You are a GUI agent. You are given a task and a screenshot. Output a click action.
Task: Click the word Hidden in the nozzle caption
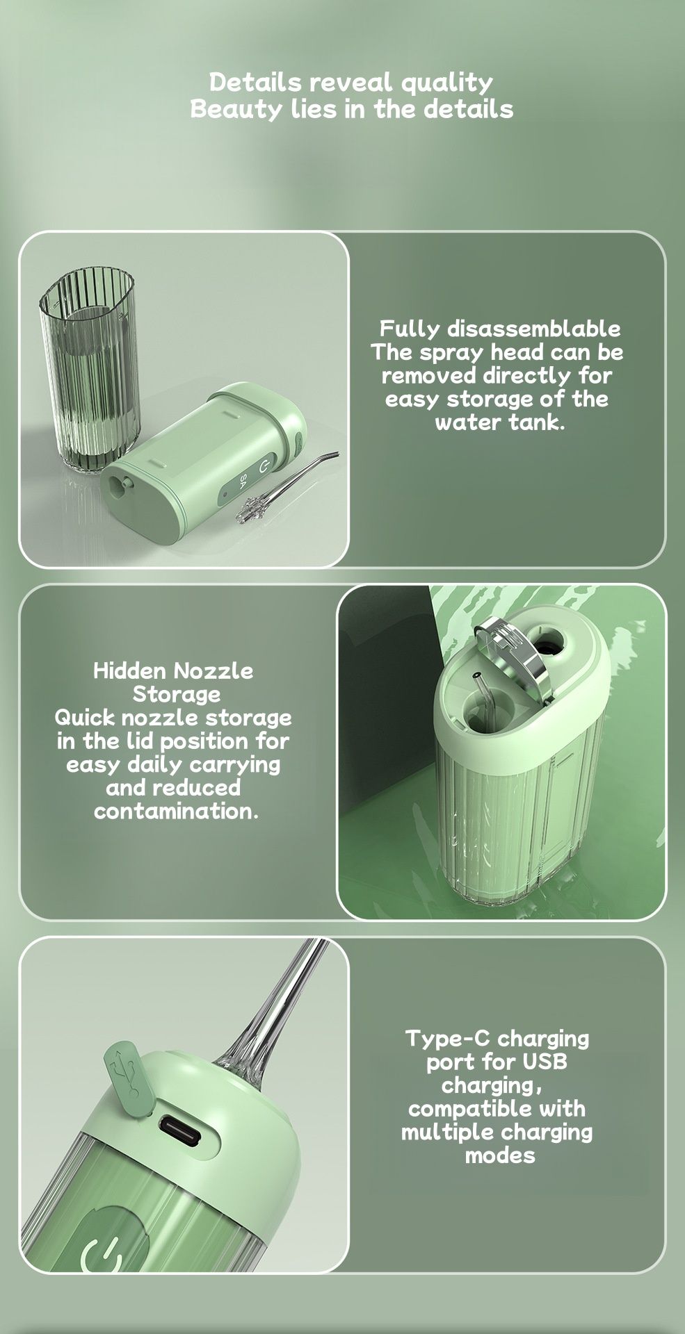coord(129,670)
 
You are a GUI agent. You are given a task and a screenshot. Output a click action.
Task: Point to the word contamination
coord(176,811)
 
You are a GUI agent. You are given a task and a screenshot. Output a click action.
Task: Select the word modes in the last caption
coord(499,1155)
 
